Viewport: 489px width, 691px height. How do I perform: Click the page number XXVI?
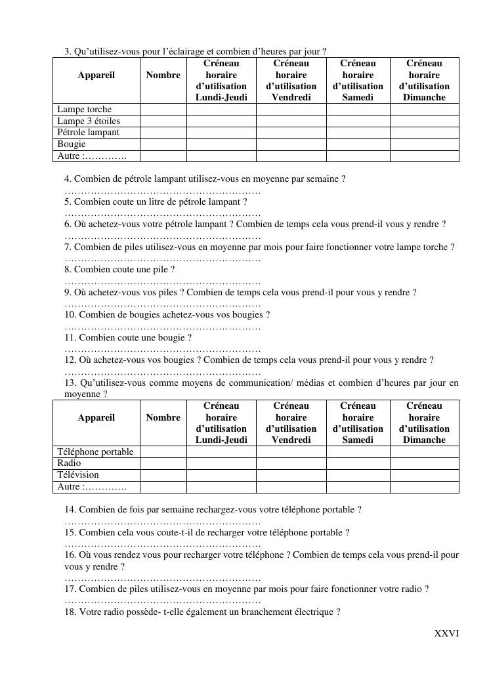(x=446, y=633)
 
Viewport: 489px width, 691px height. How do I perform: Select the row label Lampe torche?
(x=85, y=110)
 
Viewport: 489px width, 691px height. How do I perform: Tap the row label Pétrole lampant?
(x=89, y=133)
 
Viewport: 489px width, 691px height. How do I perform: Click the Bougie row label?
(x=72, y=144)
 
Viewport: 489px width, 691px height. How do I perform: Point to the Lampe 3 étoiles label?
(x=89, y=121)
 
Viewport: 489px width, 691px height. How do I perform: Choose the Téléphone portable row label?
(x=95, y=452)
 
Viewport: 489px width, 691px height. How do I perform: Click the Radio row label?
(x=70, y=463)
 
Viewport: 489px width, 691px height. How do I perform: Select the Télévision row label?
(x=78, y=475)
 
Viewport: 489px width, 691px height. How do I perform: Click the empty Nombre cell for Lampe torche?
(x=163, y=110)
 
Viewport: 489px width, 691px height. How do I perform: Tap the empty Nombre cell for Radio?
(x=163, y=463)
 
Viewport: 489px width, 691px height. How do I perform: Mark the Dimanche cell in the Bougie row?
(x=424, y=144)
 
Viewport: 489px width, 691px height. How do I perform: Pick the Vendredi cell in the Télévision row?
(x=291, y=475)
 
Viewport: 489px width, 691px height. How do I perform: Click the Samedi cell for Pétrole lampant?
(x=358, y=133)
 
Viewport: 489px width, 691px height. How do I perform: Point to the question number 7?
(x=68, y=247)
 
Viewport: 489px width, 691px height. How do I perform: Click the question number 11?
(x=70, y=338)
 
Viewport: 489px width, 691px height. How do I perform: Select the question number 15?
(x=70, y=533)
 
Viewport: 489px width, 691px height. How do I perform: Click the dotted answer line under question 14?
(x=162, y=522)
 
